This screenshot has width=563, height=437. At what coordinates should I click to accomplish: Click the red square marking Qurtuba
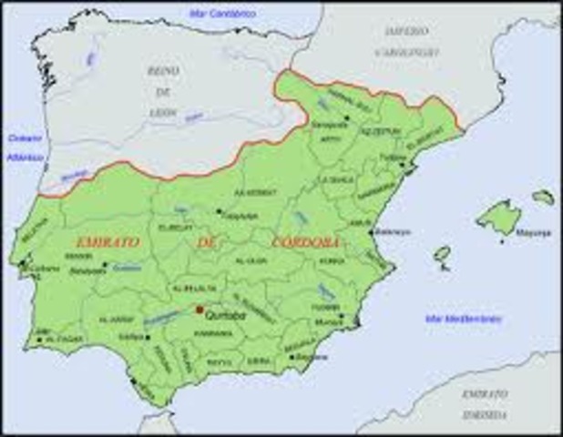pos(200,310)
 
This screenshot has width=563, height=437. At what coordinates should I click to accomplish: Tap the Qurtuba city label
pos(223,315)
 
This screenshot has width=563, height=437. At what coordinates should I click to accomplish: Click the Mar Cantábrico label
pos(223,14)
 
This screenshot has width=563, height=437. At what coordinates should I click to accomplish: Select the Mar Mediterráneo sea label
pos(463,320)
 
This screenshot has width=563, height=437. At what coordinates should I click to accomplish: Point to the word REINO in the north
pos(161,70)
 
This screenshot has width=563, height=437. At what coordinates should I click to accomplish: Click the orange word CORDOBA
pos(305,242)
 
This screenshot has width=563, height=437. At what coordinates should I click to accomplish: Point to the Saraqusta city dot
pos(347,117)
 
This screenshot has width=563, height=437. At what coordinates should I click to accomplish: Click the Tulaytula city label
pos(241,218)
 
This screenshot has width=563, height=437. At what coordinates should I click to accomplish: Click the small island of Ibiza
pos(442,254)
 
